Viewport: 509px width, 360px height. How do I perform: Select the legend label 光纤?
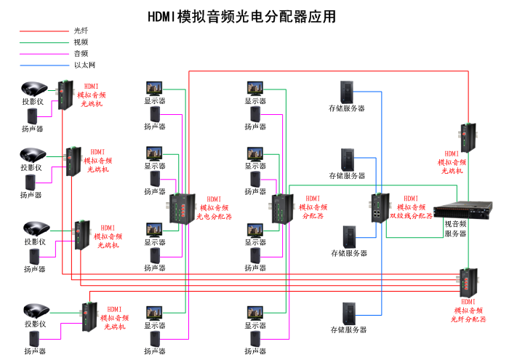coord(81,31)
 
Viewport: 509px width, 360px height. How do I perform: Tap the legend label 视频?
coord(81,42)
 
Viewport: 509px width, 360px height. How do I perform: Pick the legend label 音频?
coord(81,53)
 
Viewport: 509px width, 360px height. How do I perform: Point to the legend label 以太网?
coord(84,65)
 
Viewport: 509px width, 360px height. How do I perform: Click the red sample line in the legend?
coord(44,31)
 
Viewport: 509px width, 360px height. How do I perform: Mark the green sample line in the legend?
coord(44,42)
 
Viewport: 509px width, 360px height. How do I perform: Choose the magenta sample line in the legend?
coord(44,54)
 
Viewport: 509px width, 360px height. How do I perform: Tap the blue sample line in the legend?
coord(44,65)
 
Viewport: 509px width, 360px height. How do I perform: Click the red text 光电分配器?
coord(215,217)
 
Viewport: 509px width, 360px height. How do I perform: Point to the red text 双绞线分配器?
coord(412,216)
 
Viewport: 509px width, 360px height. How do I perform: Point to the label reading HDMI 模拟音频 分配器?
coord(313,207)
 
